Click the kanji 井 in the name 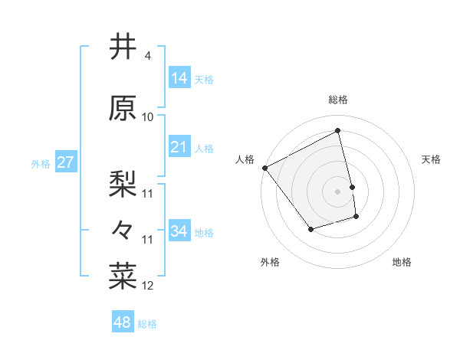(x=123, y=47)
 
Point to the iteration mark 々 (x=123, y=230)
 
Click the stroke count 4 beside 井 (x=146, y=57)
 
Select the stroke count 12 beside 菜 (x=148, y=286)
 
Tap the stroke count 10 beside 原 (x=148, y=117)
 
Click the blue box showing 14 (x=179, y=77)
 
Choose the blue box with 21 (x=179, y=147)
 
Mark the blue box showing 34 (x=179, y=231)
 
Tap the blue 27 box (x=65, y=162)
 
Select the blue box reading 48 (x=123, y=323)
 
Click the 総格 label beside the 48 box (x=147, y=324)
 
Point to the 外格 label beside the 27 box (x=41, y=163)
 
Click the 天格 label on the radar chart (x=431, y=159)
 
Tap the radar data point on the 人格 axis (x=264, y=168)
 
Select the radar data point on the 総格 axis (x=338, y=131)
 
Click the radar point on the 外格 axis (x=310, y=229)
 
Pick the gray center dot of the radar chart (x=338, y=191)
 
